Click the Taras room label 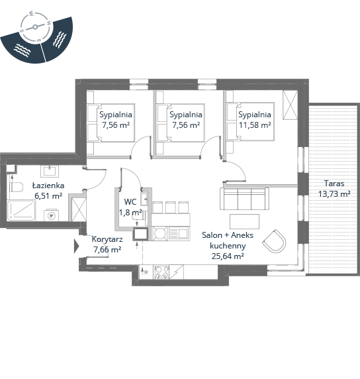334,184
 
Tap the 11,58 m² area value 255,125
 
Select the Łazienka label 48,186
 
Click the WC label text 130,201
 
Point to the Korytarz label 107,239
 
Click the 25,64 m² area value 228,256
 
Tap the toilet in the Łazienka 16,187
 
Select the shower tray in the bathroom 21,210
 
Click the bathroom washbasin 50,171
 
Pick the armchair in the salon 275,241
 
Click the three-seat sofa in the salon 244,199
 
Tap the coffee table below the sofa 244,221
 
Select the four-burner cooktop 161,272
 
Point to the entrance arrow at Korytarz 77,246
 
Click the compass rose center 35,27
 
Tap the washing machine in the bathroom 51,215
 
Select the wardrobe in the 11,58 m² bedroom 290,105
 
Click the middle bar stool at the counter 171,207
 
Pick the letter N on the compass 48,23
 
